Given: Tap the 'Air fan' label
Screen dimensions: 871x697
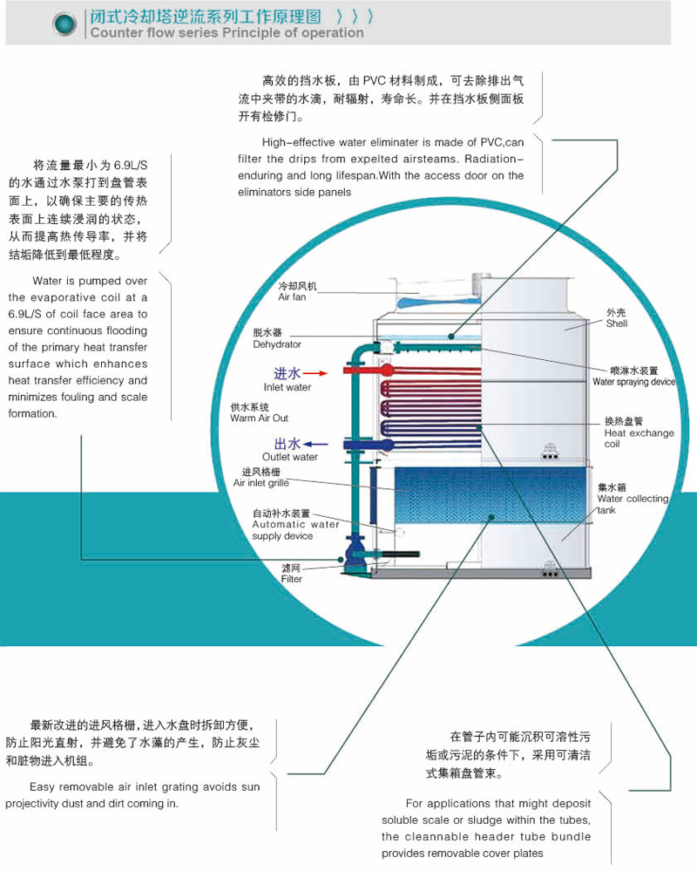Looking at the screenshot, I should [x=292, y=297].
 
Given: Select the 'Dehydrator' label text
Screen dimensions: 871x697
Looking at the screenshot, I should [x=277, y=344].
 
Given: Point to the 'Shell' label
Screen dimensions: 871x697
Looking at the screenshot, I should [x=616, y=323].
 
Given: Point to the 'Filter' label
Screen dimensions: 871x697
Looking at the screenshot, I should [x=291, y=578].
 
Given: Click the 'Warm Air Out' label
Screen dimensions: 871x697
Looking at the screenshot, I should [x=259, y=418].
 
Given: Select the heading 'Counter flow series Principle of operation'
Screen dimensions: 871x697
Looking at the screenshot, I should [x=227, y=33].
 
